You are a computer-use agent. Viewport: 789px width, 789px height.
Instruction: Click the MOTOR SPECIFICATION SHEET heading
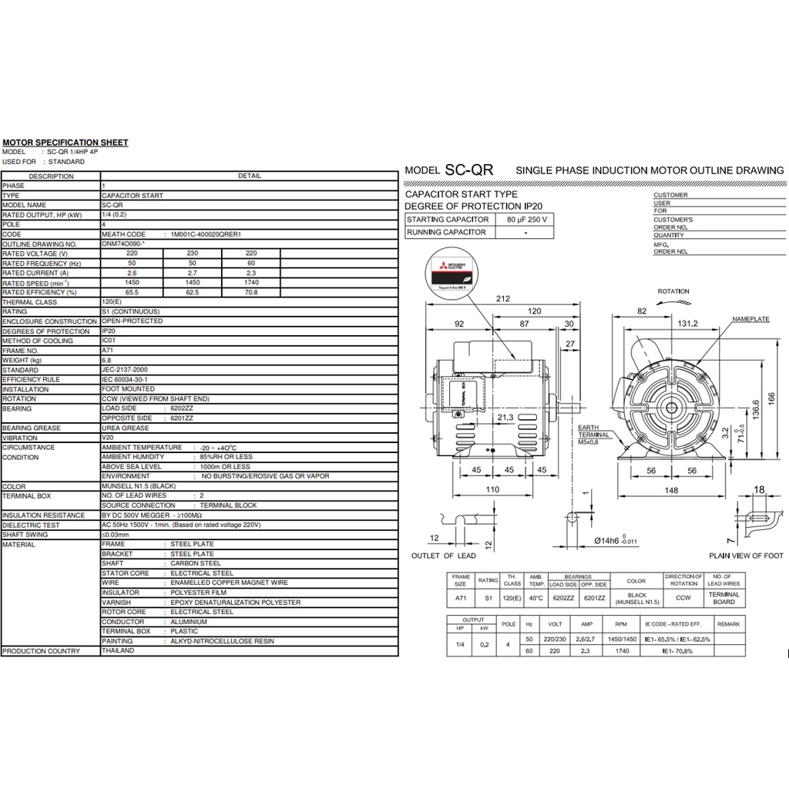[65, 143]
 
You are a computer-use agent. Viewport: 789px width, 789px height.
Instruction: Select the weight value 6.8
[107, 360]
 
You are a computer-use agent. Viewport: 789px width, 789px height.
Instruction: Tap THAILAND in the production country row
[118, 651]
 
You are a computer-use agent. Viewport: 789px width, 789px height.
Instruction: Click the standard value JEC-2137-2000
[125, 370]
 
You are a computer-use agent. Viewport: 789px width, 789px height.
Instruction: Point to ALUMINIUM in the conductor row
[189, 622]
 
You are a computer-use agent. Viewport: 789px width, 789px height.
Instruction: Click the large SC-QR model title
[468, 170]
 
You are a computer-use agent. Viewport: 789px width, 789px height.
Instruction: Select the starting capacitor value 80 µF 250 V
[527, 220]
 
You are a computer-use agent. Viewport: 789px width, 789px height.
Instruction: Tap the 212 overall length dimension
[502, 300]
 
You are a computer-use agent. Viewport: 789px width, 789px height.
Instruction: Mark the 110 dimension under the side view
[492, 490]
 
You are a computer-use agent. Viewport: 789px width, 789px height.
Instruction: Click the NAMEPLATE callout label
[750, 318]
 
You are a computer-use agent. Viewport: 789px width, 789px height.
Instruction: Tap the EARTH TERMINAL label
[593, 431]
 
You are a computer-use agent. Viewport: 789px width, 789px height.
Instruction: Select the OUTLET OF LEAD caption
[443, 556]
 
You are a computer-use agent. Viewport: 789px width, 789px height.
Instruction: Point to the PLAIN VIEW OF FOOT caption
[746, 556]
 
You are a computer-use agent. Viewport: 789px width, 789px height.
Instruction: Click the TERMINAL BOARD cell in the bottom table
[724, 598]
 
